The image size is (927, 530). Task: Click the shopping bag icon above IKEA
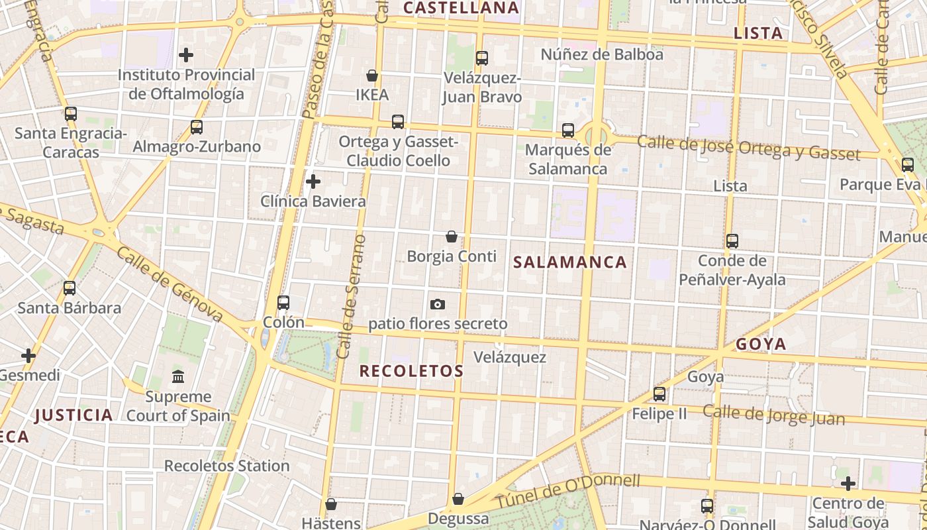[x=372, y=76]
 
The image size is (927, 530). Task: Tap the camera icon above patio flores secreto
[x=437, y=305]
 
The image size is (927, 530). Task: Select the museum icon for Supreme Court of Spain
[x=178, y=377]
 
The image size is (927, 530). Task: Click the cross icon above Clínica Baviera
[x=313, y=181]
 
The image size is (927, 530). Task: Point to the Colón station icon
[x=283, y=303]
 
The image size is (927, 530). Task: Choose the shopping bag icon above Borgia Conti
[x=452, y=237]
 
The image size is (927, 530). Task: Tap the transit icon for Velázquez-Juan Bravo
[x=482, y=58]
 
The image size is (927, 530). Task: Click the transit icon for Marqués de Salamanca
[x=568, y=131]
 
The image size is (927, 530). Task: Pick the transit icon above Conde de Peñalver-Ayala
[x=732, y=241]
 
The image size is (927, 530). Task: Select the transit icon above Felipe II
[x=659, y=394]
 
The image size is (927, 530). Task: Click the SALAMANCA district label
[x=570, y=262]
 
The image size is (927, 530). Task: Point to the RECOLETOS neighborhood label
[x=411, y=371]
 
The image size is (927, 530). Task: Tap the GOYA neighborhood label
[x=761, y=344]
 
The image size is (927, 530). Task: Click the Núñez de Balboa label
[x=602, y=54]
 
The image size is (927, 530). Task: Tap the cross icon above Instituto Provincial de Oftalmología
[x=186, y=55]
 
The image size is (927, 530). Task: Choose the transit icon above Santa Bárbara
[x=70, y=288]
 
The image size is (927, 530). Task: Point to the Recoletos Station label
[x=227, y=466]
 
